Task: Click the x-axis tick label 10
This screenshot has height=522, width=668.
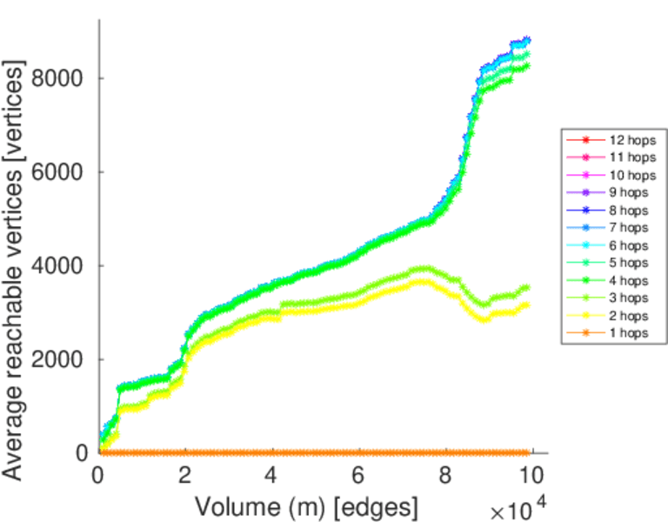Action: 531,475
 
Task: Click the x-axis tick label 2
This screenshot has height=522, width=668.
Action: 185,475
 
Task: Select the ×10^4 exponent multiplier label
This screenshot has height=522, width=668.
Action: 522,509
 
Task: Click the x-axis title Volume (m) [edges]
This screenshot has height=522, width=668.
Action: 306,505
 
